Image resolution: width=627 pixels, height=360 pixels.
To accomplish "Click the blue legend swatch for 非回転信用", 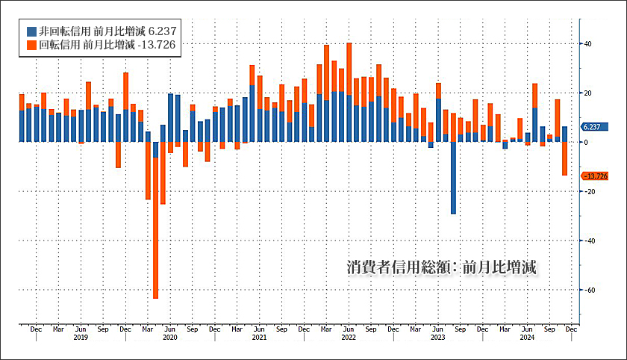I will click(x=31, y=31).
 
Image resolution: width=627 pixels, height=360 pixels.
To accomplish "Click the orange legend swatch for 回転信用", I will click(x=31, y=45).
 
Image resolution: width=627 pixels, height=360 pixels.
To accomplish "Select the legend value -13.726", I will click(x=160, y=45).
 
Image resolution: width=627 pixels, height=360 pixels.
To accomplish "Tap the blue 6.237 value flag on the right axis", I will click(x=596, y=127).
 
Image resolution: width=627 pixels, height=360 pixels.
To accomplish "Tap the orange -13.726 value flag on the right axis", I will click(x=597, y=176).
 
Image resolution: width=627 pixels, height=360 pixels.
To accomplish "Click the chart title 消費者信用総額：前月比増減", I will click(x=443, y=267).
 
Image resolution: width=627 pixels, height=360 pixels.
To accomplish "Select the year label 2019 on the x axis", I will click(x=81, y=338).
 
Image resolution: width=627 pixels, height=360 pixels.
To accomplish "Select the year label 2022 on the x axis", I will click(x=349, y=338).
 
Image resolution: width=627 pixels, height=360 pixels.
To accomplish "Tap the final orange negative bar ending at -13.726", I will click(x=565, y=158).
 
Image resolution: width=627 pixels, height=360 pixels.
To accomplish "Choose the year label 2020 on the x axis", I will click(x=170, y=338).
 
